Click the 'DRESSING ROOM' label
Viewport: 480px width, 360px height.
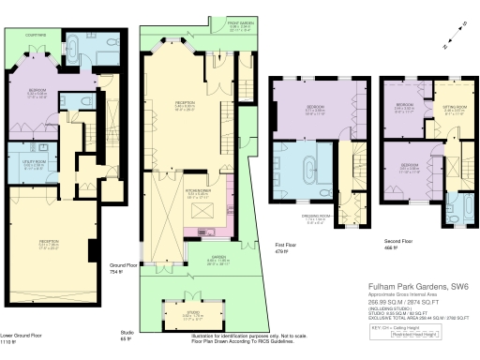(319, 216)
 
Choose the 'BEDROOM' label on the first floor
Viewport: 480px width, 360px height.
(314, 110)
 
